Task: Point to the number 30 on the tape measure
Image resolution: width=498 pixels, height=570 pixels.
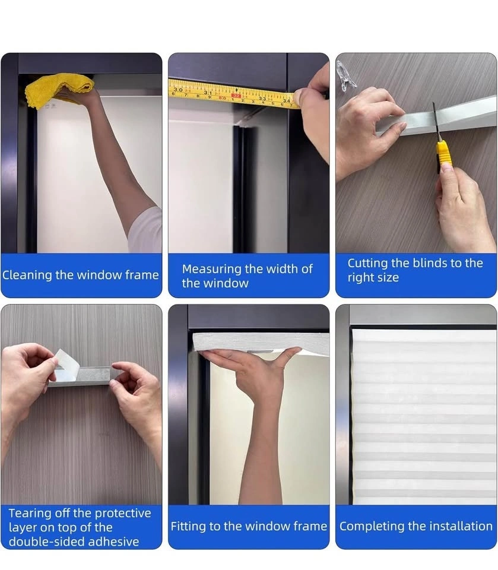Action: [x=177, y=89]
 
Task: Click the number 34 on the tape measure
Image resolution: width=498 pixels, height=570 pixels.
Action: [x=287, y=100]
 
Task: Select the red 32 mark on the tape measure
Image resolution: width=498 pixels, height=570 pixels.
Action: [x=236, y=96]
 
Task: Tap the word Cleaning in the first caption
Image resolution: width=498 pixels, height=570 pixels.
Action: [x=27, y=275]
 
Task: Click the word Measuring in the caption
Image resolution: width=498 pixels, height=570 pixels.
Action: [x=212, y=270]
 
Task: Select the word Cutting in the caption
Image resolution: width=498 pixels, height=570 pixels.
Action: [x=367, y=263]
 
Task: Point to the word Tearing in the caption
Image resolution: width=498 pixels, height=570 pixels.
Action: [x=30, y=513]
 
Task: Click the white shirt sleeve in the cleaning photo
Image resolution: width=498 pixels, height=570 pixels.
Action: [x=145, y=230]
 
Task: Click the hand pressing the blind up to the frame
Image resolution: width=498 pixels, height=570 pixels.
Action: [x=255, y=367]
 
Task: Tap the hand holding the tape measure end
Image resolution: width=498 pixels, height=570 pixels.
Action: [x=313, y=109]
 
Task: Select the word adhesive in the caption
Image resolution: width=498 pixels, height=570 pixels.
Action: [x=114, y=541]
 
